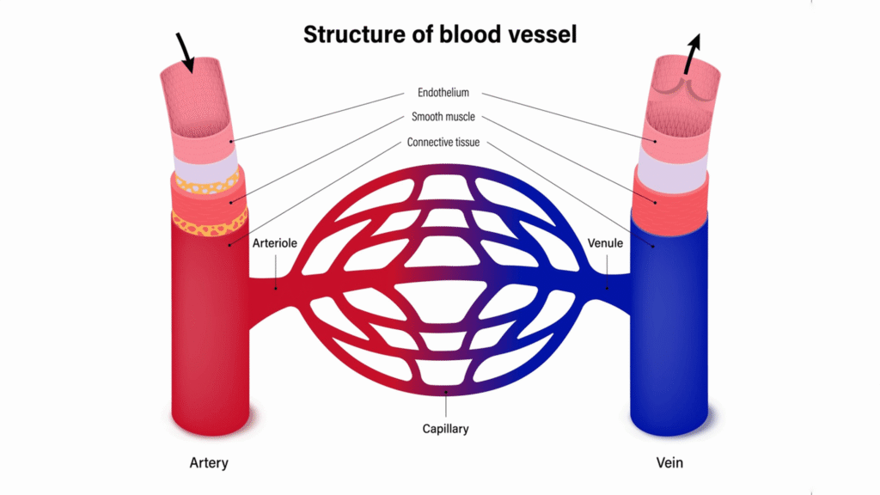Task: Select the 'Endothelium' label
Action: coord(443,93)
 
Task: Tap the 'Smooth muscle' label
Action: coord(443,117)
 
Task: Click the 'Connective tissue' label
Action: coord(443,142)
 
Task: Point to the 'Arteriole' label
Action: coord(275,243)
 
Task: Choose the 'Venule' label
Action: coord(605,243)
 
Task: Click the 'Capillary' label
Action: coord(445,427)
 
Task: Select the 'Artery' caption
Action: coord(209,463)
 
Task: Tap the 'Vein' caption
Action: coord(671,463)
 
